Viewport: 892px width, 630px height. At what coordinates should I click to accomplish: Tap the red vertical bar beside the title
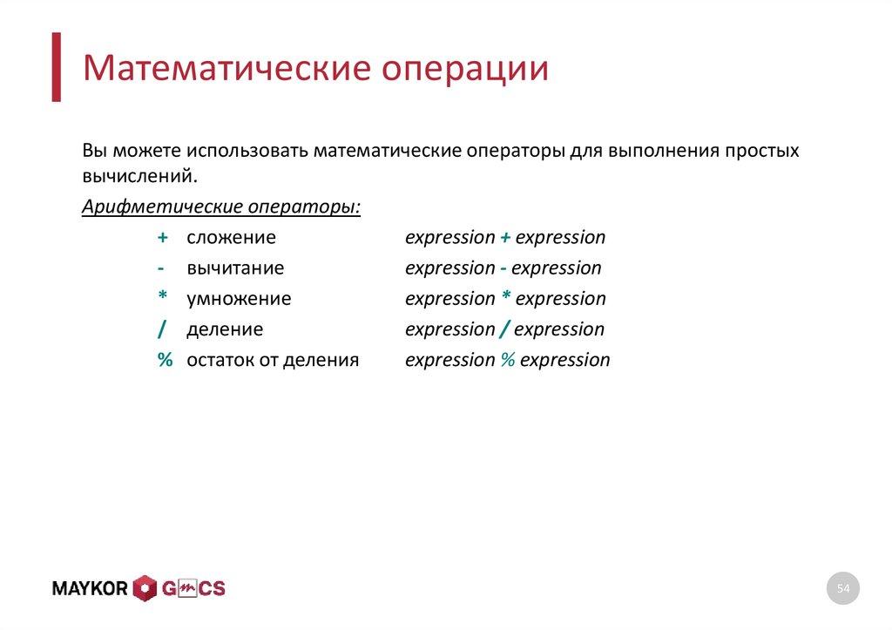pyautogui.click(x=56, y=67)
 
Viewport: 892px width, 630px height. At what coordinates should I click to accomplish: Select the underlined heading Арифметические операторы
pyautogui.click(x=221, y=207)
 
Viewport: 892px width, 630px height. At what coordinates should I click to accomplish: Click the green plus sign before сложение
pyautogui.click(x=163, y=237)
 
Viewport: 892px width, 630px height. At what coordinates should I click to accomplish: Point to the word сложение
pyautogui.click(x=231, y=237)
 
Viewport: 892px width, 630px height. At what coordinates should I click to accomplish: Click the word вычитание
pyautogui.click(x=234, y=268)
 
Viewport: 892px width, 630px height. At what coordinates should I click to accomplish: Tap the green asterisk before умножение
pyautogui.click(x=163, y=297)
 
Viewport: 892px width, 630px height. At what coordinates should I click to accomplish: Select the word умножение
pyautogui.click(x=239, y=299)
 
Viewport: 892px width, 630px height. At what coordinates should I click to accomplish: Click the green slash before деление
pyautogui.click(x=163, y=329)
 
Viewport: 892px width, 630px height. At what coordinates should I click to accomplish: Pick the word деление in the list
pyautogui.click(x=225, y=329)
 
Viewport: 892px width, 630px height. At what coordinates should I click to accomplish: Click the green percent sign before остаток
pyautogui.click(x=165, y=360)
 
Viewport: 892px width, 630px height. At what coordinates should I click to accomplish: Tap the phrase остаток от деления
pyautogui.click(x=273, y=360)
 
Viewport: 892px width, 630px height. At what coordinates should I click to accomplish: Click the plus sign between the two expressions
pyautogui.click(x=505, y=237)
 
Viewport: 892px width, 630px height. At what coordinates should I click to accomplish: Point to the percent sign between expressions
pyautogui.click(x=508, y=360)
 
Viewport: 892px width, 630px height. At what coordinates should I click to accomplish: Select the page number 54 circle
pyautogui.click(x=842, y=590)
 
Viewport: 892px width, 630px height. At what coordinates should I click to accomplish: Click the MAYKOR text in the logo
pyautogui.click(x=91, y=589)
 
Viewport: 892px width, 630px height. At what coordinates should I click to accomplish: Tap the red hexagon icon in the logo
pyautogui.click(x=144, y=589)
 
